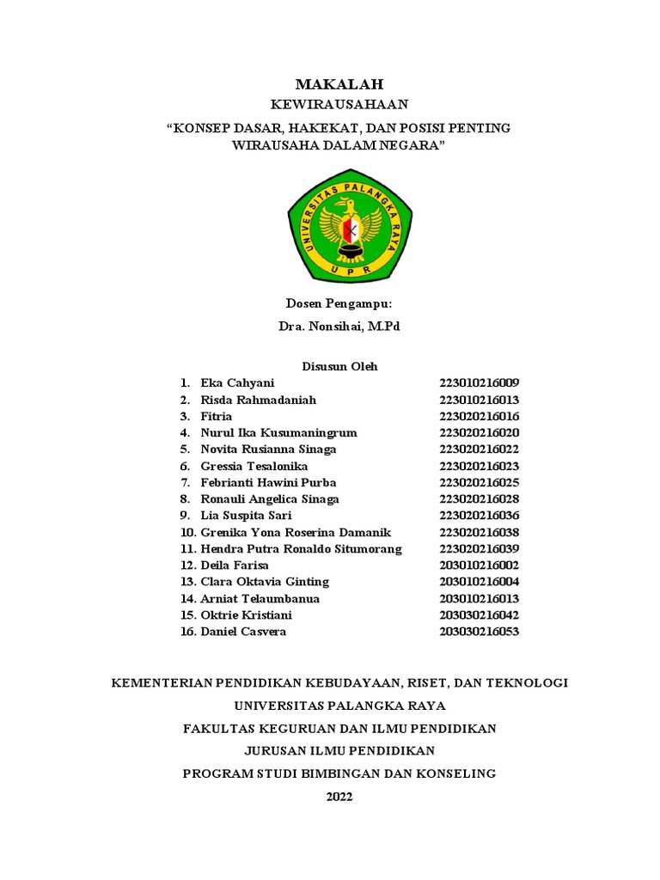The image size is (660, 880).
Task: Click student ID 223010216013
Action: pyautogui.click(x=480, y=400)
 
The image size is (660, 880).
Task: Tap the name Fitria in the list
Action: pyautogui.click(x=217, y=416)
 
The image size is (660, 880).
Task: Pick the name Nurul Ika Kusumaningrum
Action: pyautogui.click(x=278, y=432)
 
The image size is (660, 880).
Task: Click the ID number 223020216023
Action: pyautogui.click(x=480, y=466)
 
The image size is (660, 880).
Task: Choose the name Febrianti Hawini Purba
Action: pyautogui.click(x=268, y=482)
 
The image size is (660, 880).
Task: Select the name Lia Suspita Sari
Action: pyautogui.click(x=246, y=516)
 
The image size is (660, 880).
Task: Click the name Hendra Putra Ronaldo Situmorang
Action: pyautogui.click(x=301, y=548)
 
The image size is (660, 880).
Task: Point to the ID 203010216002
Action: pyautogui.click(x=480, y=565)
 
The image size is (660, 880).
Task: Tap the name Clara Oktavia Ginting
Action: pyautogui.click(x=265, y=582)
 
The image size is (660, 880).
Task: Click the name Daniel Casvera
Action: pyautogui.click(x=243, y=632)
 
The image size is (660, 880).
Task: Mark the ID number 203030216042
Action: pyautogui.click(x=480, y=615)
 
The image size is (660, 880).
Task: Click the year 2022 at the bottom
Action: pyautogui.click(x=339, y=796)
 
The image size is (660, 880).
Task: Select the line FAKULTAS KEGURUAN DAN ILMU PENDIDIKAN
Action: pyautogui.click(x=339, y=728)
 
